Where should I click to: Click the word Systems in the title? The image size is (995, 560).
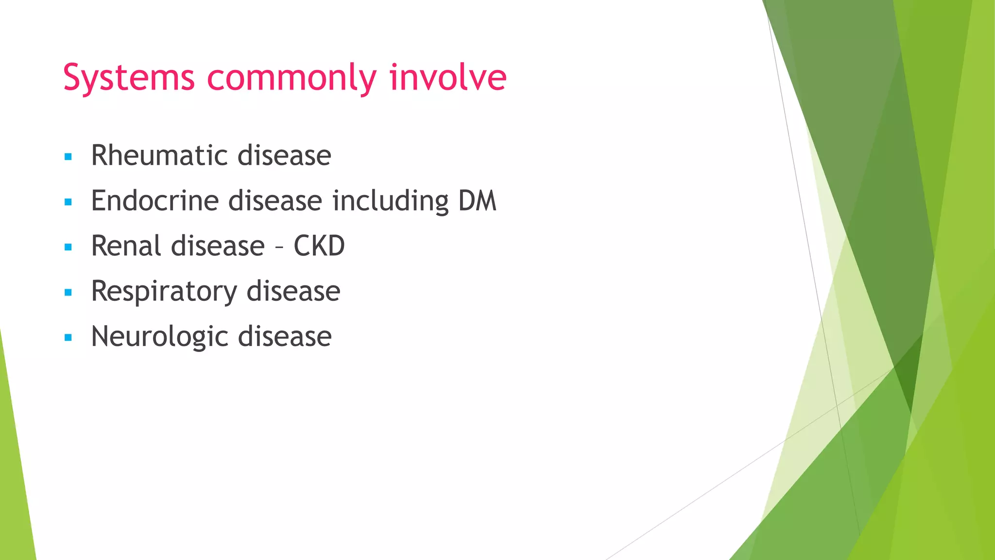coord(129,78)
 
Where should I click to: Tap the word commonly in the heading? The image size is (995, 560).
coord(292,78)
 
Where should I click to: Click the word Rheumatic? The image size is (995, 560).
coord(159,156)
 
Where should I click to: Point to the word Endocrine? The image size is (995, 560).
coord(154,201)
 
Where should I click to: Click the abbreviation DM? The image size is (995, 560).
coord(477,201)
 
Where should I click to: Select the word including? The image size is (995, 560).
coord(390,201)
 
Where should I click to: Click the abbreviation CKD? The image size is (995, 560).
coord(319,246)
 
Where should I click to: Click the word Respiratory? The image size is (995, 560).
coord(164,292)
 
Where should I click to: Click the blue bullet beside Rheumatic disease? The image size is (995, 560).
coord(68,157)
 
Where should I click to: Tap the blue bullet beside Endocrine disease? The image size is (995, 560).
coord(68,202)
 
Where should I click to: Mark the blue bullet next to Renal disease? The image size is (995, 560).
coord(68,247)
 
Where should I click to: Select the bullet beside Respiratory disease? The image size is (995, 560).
coord(68,293)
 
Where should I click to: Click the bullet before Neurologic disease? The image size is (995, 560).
coord(68,337)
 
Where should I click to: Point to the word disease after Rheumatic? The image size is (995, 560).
coord(284,156)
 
